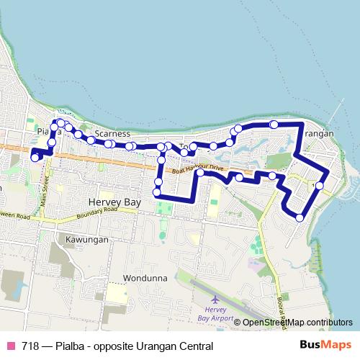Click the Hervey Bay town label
click(112, 204)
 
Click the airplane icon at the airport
click(215, 299)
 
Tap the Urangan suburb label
click(317, 135)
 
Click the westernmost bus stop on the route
click(35, 157)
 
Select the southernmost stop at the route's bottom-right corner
click(300, 217)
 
